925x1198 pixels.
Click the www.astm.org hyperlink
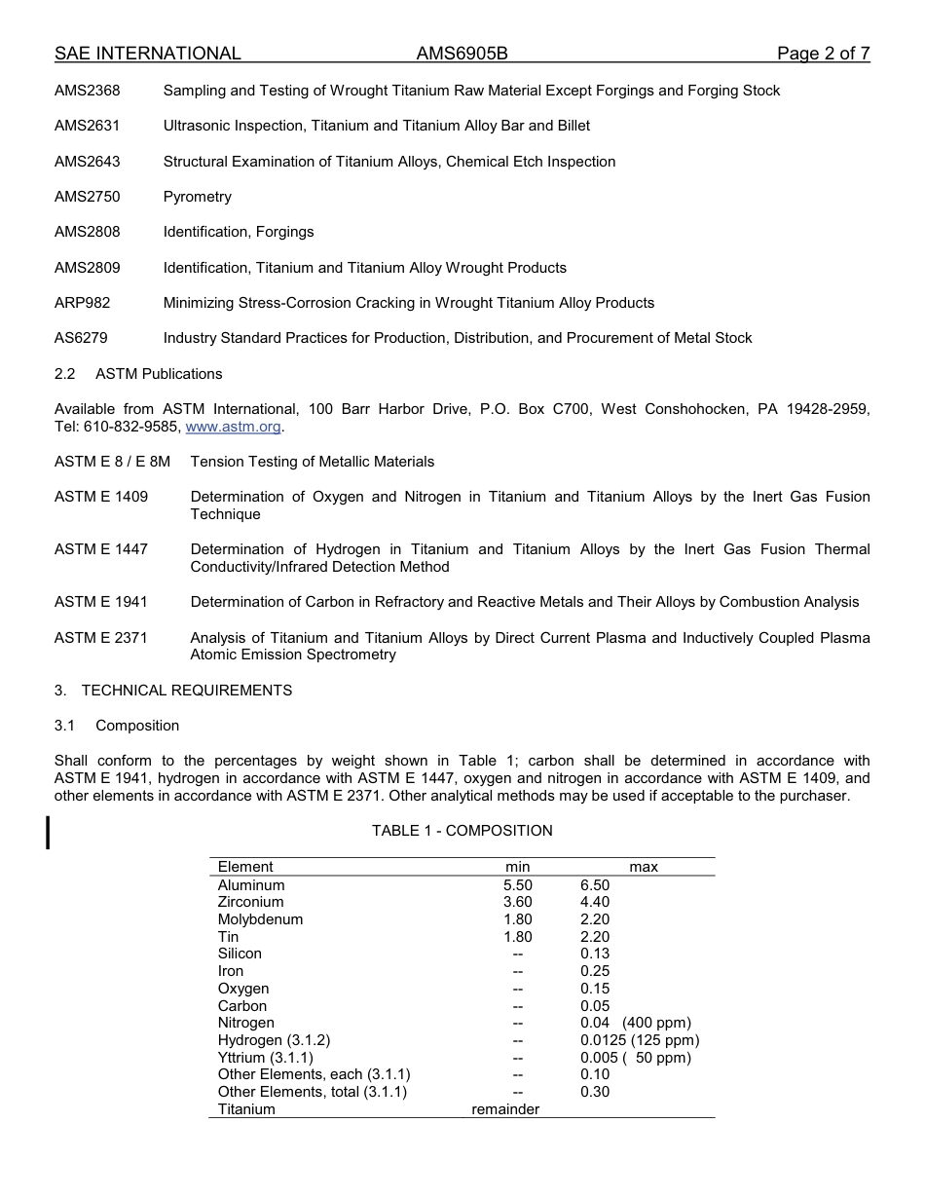pos(233,427)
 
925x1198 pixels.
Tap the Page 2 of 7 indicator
pos(823,54)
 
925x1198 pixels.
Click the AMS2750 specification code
pos(88,197)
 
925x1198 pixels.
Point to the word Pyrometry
pos(198,197)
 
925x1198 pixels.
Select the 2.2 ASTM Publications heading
pos(138,374)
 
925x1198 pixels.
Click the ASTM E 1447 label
pos(101,549)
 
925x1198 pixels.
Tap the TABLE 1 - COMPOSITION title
pos(462,831)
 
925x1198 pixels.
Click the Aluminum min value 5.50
pos(517,885)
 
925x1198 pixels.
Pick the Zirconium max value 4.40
pos(595,902)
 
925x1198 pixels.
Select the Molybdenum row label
pos(260,919)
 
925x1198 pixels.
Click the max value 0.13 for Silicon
pos(595,954)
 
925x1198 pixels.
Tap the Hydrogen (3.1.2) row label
pos(274,1040)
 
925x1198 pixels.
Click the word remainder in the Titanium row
pos(505,1109)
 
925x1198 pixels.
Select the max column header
pos(644,867)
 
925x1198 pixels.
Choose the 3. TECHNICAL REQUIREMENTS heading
pos(173,691)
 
